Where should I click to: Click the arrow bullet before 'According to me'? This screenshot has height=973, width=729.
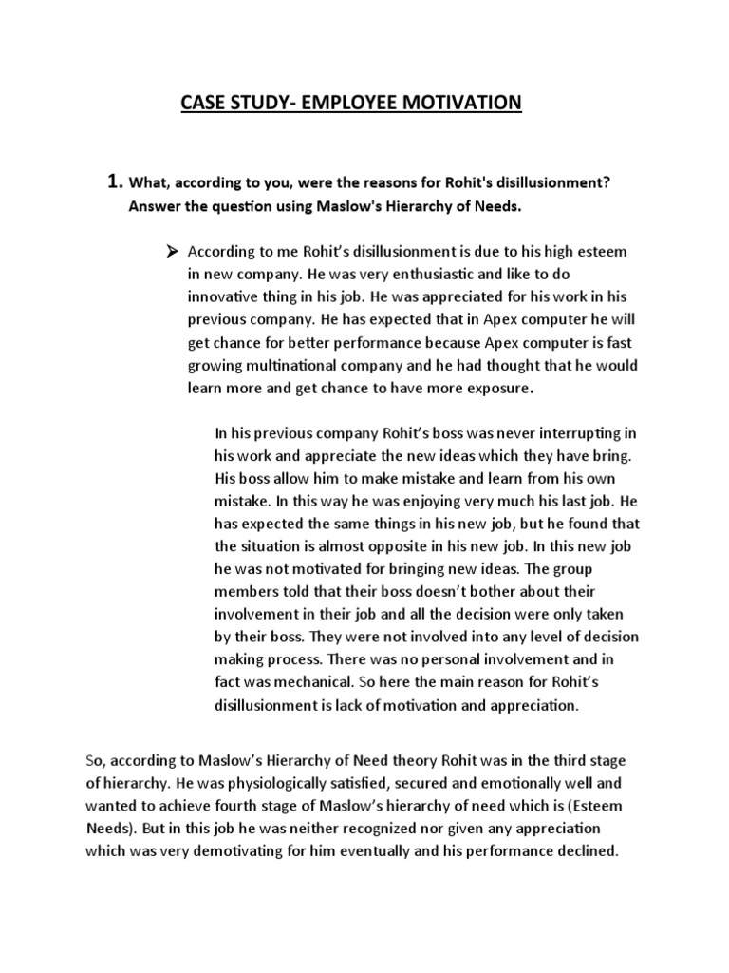pos(172,251)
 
